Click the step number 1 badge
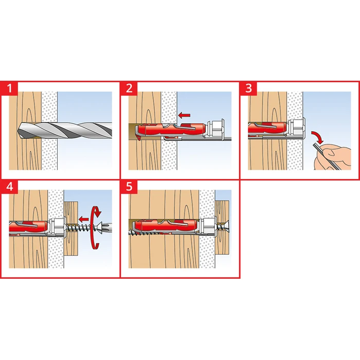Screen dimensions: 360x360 (9, 88)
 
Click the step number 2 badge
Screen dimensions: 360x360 (129, 88)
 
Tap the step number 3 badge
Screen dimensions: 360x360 (248, 88)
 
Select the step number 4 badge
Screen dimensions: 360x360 (9, 187)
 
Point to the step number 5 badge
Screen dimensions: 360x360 (129, 187)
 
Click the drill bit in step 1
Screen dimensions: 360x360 (64, 131)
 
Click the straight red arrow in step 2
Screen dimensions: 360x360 (184, 115)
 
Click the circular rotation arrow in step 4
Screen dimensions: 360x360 (95, 227)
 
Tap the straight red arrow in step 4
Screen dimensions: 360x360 (83, 219)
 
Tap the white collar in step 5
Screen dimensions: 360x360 (208, 226)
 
